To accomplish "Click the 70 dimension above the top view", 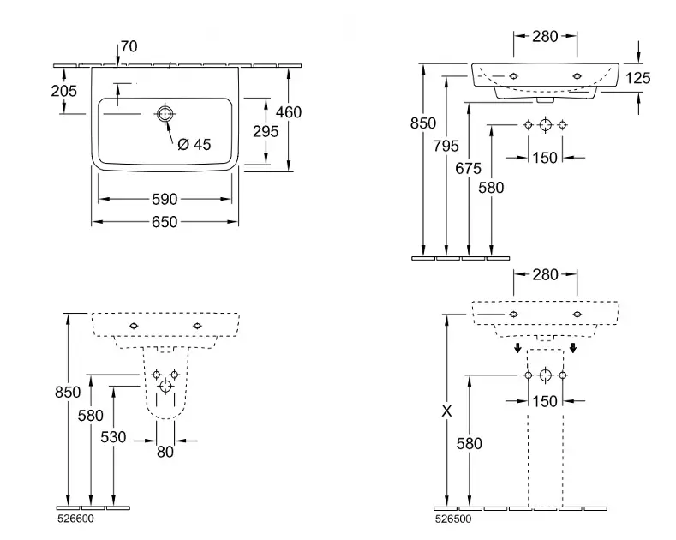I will (x=129, y=47).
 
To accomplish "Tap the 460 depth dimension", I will (x=289, y=111).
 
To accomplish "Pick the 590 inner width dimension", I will (x=165, y=199).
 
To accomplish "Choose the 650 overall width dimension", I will (x=165, y=222).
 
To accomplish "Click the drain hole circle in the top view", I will (x=164, y=114).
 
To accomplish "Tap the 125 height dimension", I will (x=638, y=78).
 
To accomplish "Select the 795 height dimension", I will (x=446, y=147).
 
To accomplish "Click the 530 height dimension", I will (x=113, y=437).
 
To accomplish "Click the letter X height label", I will (x=446, y=411).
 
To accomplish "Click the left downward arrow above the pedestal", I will (x=517, y=348).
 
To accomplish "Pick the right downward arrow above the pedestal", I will (x=573, y=348).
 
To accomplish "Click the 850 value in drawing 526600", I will (x=67, y=392).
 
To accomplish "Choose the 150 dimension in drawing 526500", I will (x=545, y=400).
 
